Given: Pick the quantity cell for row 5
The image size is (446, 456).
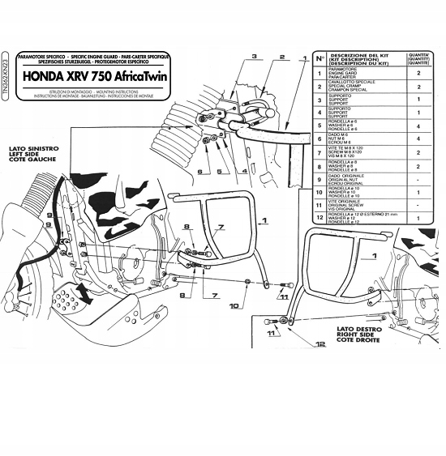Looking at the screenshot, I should pyautogui.click(x=418, y=127).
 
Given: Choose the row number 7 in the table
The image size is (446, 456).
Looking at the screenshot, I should pyautogui.click(x=322, y=151).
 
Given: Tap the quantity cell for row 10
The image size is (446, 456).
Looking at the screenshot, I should pyautogui.click(x=418, y=193).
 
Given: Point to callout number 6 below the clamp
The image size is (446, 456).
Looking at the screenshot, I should pyautogui.click(x=198, y=172).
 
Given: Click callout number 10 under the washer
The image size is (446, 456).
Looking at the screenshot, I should pyautogui.click(x=234, y=306).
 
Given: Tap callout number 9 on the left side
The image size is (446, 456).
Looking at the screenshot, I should pyautogui.click(x=49, y=214).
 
